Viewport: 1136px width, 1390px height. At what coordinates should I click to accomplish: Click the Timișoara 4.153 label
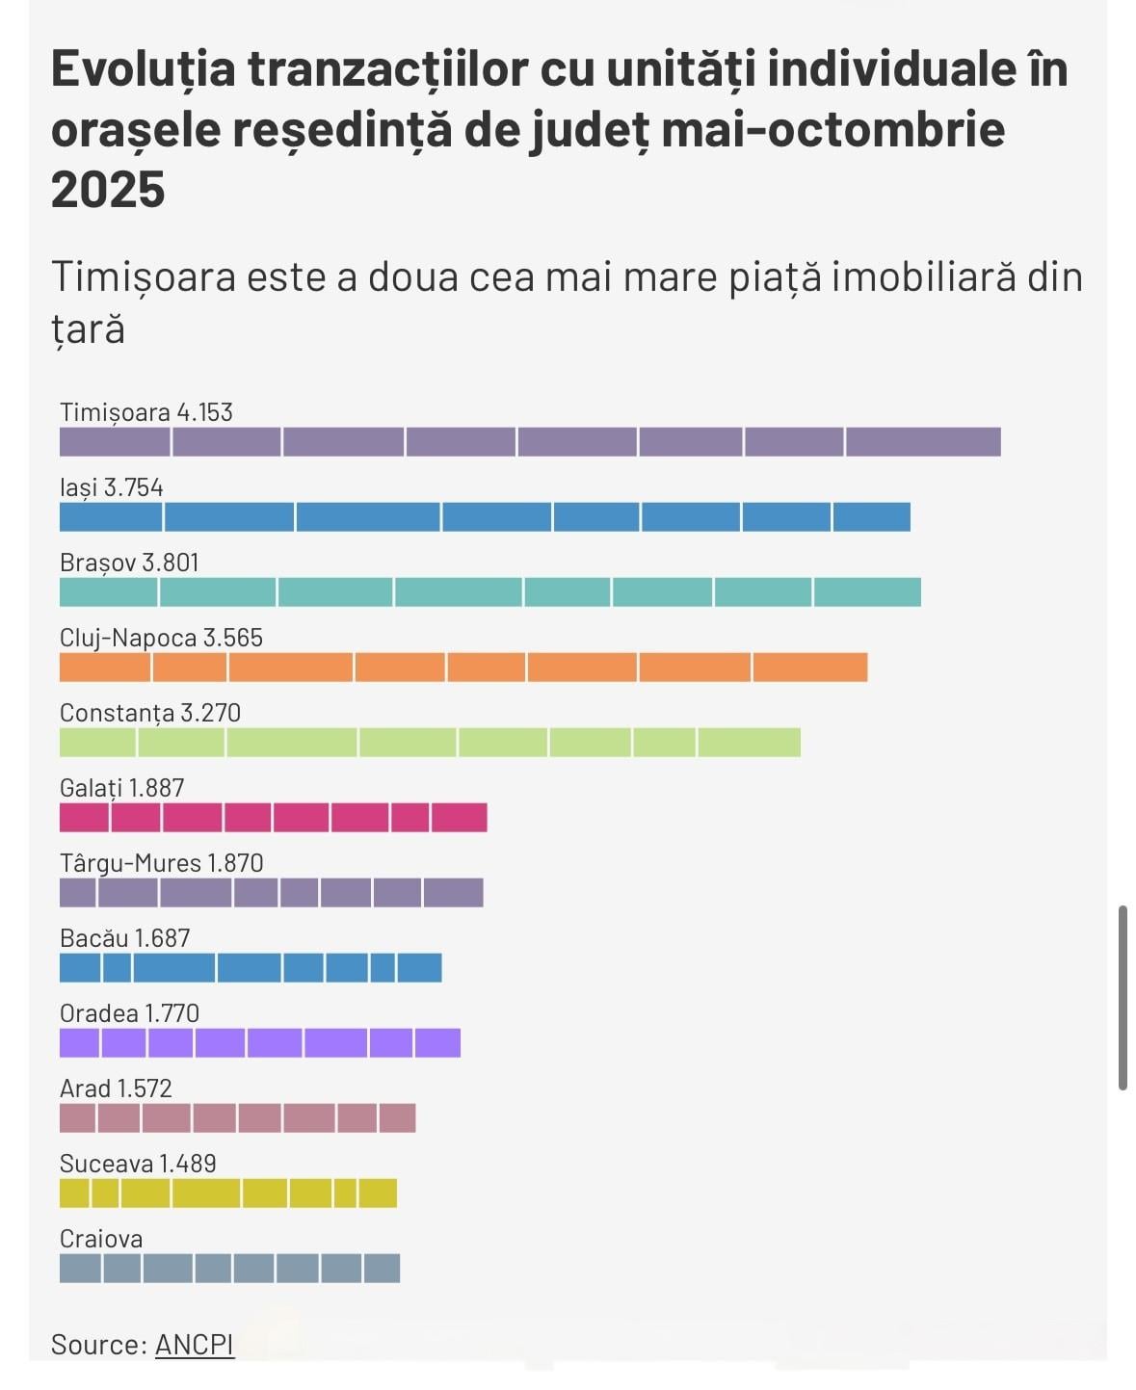(146, 412)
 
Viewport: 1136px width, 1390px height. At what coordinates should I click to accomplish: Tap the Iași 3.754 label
(111, 487)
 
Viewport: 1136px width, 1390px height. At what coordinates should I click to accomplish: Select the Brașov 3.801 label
(129, 563)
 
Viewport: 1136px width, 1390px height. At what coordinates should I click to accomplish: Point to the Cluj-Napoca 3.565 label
(161, 638)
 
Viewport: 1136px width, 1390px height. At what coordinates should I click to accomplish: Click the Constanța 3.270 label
(150, 713)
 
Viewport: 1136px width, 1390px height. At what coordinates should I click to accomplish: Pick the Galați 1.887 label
(121, 788)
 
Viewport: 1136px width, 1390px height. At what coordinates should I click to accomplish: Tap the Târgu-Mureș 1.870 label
(161, 863)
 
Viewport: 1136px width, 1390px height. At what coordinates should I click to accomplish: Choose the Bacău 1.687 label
(124, 938)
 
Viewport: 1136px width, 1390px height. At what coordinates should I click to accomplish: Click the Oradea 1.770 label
(129, 1013)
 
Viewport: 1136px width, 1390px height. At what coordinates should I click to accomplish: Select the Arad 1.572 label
(116, 1088)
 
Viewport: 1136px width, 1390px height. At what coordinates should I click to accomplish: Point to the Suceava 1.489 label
(138, 1164)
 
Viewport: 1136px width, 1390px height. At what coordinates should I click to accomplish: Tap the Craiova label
(101, 1239)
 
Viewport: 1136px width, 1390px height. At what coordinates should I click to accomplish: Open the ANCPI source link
(195, 1344)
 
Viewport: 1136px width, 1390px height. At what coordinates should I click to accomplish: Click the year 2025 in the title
(108, 188)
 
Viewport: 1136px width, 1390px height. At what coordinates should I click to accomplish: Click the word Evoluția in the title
(143, 69)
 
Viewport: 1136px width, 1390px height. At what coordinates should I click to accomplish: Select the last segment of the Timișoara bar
(923, 442)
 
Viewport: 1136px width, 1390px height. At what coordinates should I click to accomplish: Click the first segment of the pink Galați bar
(84, 818)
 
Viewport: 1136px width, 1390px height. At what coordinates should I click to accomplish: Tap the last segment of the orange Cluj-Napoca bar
(809, 668)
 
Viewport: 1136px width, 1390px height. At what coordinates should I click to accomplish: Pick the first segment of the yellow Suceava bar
(74, 1193)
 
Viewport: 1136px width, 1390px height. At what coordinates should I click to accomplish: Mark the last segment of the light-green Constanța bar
(749, 743)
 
